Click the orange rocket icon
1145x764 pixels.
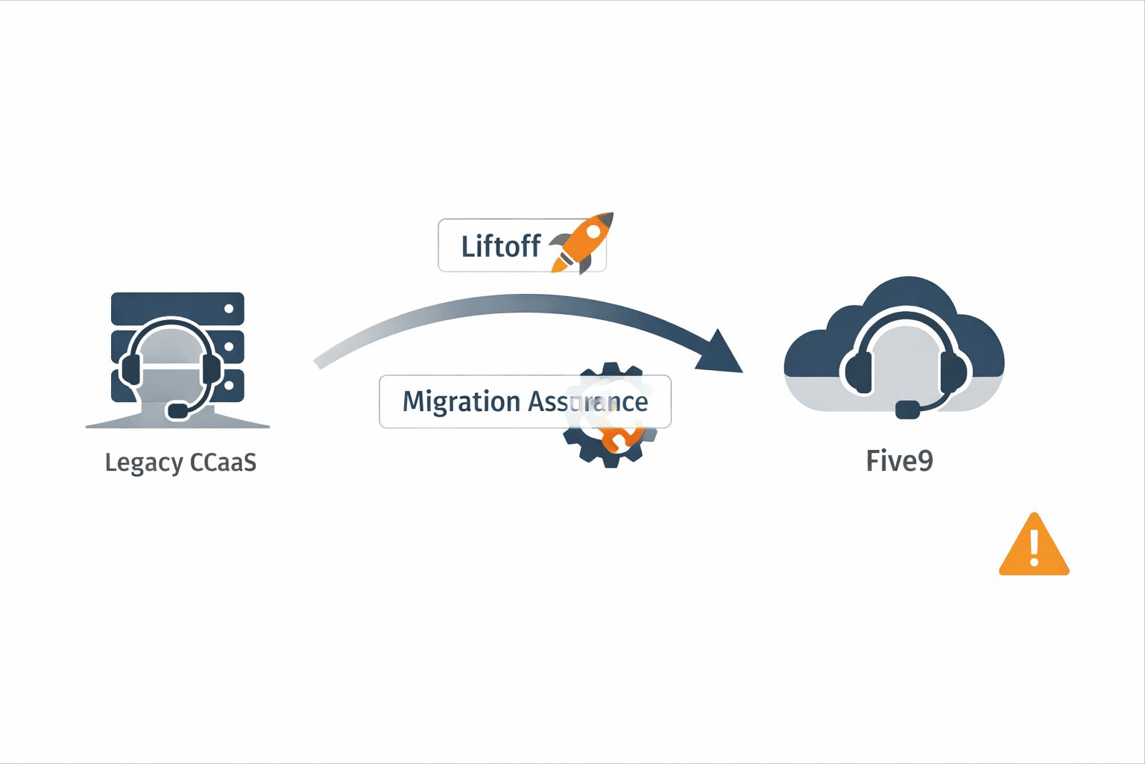581,242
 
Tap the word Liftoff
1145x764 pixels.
500,246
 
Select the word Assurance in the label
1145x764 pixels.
587,401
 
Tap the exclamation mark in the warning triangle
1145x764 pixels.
1034,547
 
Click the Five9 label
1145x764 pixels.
899,460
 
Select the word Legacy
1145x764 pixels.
144,463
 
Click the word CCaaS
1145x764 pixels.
223,463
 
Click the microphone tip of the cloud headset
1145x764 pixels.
907,410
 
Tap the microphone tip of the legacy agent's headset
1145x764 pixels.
178,410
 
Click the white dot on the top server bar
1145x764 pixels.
229,308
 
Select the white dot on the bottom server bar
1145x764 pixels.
229,385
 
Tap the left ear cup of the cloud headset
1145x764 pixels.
859,371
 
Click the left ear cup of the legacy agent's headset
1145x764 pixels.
131,369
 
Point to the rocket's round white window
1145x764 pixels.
593,232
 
